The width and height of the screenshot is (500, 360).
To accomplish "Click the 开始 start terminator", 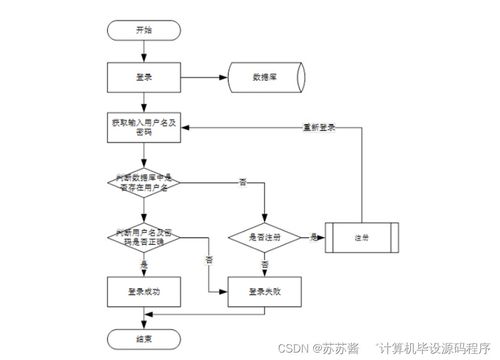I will [143, 31].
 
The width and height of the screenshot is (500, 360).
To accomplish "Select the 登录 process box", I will [143, 76].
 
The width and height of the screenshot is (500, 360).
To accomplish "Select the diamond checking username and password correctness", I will [143, 236].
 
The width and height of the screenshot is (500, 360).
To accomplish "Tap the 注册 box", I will [361, 238].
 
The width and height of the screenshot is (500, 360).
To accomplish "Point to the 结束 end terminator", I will [143, 338].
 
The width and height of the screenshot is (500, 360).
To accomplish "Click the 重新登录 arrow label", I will [319, 127].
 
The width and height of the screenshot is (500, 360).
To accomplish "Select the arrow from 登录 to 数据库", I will [204, 76].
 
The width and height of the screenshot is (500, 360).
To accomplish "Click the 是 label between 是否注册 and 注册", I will [314, 236].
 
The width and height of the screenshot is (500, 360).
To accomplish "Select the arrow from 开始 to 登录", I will [143, 51].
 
